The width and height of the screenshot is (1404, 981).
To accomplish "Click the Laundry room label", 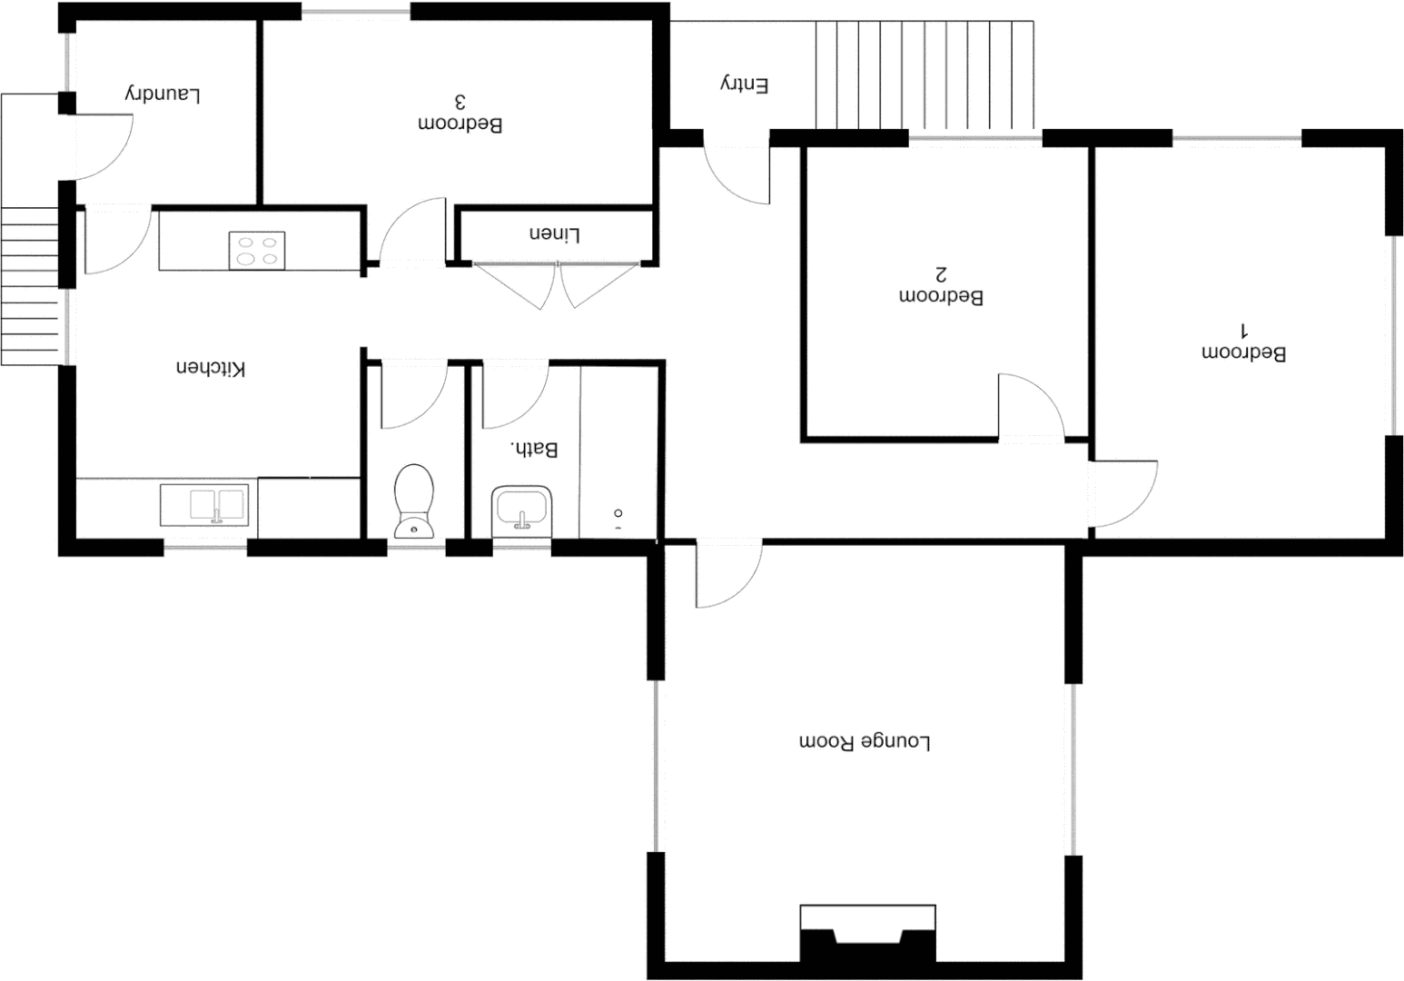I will click(x=163, y=94).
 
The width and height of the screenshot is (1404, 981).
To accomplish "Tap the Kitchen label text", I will click(x=211, y=368).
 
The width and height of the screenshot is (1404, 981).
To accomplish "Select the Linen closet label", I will click(x=554, y=234).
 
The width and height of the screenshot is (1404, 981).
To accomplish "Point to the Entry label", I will click(x=745, y=84).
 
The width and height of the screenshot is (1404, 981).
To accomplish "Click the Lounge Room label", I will click(x=865, y=742).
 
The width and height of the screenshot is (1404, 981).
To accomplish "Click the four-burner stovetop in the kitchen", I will click(x=257, y=251).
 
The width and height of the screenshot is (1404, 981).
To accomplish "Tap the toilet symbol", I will click(x=414, y=500).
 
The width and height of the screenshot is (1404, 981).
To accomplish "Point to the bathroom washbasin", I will click(x=522, y=510).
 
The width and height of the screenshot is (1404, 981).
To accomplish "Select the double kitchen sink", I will click(x=204, y=505).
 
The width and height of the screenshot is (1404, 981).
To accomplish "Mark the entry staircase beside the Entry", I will click(x=924, y=75).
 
